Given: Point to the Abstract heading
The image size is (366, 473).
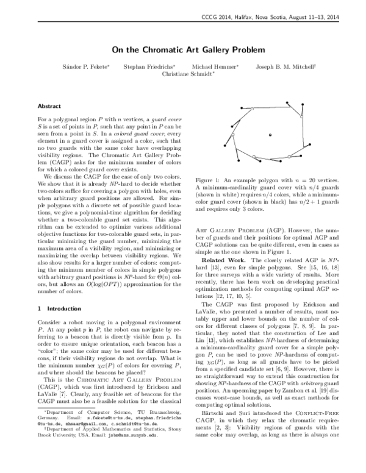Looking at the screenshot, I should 49,105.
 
